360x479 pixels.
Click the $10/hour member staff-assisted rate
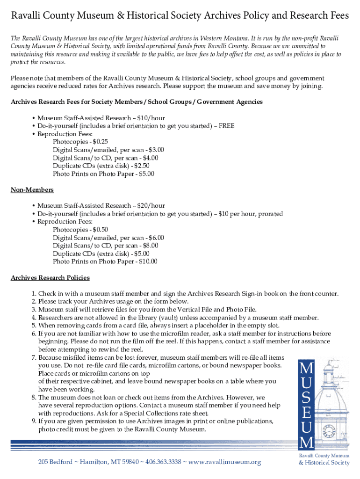(154, 118)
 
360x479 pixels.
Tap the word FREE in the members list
(226, 126)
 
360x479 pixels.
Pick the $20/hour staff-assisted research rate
(154, 206)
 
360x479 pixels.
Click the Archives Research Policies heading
(50, 278)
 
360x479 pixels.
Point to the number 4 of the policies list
(34, 318)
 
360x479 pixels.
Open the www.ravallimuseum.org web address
(224, 463)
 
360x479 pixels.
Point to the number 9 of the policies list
(34, 421)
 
